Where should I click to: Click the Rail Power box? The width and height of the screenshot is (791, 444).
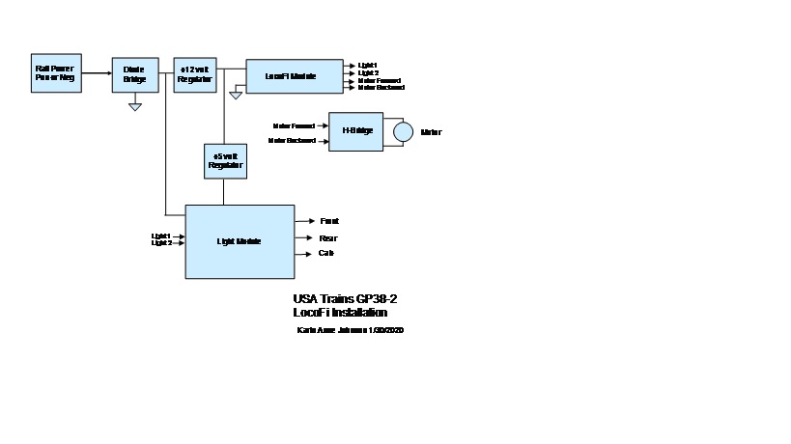click(55, 73)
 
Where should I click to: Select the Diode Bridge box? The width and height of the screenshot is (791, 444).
click(134, 73)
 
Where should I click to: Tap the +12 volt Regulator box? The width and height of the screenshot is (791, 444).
click(195, 73)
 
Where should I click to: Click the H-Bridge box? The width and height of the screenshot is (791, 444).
click(355, 131)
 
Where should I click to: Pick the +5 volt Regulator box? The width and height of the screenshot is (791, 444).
click(224, 160)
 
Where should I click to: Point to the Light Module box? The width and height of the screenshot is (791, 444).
click(240, 241)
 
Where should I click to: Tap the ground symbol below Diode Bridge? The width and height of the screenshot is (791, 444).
click(135, 106)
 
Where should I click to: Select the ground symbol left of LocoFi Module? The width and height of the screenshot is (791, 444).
click(235, 95)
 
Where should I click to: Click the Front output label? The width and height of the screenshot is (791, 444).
click(328, 221)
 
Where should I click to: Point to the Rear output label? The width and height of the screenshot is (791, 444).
click(328, 237)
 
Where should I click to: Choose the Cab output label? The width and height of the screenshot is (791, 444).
click(326, 253)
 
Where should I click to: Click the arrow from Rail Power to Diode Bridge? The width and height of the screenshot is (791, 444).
click(96, 72)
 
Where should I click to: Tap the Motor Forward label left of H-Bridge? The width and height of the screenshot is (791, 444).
click(293, 125)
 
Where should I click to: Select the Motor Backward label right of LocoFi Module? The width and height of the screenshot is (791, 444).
click(381, 88)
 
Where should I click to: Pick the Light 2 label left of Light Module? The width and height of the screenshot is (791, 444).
click(161, 242)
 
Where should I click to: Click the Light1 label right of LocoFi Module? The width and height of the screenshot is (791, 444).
click(368, 65)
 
